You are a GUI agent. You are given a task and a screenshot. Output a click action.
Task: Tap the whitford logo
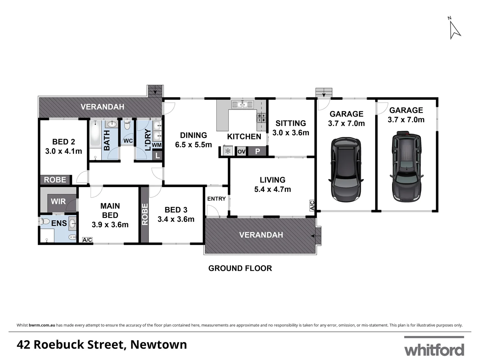pyautogui.click(x=434, y=349)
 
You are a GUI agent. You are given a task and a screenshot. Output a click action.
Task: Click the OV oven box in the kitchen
pyautogui.click(x=241, y=152)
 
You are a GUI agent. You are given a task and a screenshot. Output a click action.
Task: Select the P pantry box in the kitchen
pyautogui.click(x=257, y=152)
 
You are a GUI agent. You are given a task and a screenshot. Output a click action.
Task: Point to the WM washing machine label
pyautogui.click(x=157, y=145)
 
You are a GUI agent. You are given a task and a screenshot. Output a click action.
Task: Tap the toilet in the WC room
pyautogui.click(x=127, y=126)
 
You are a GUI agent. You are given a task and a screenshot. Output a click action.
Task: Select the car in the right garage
pyautogui.click(x=406, y=166)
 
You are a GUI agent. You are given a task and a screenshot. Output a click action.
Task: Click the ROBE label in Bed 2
pyautogui.click(x=55, y=180)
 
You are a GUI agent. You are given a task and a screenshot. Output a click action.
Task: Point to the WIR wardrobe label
pyautogui.click(x=58, y=202)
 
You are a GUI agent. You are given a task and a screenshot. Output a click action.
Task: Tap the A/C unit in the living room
pyautogui.click(x=312, y=205)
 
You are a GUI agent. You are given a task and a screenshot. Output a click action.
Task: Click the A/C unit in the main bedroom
pyautogui.click(x=87, y=240)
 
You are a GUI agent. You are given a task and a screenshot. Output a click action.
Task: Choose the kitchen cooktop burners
pyautogui.click(x=261, y=118)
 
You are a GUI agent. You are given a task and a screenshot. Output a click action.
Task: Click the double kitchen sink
pyautogui.click(x=242, y=104)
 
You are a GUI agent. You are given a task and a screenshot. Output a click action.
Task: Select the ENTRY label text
pyautogui.click(x=217, y=199)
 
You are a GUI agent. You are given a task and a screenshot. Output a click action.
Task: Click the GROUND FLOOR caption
pyautogui.click(x=240, y=268)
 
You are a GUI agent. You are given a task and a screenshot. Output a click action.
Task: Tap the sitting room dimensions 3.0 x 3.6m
pyautogui.click(x=290, y=133)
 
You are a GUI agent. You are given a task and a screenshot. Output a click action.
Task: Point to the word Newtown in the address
pyautogui.click(x=159, y=345)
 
